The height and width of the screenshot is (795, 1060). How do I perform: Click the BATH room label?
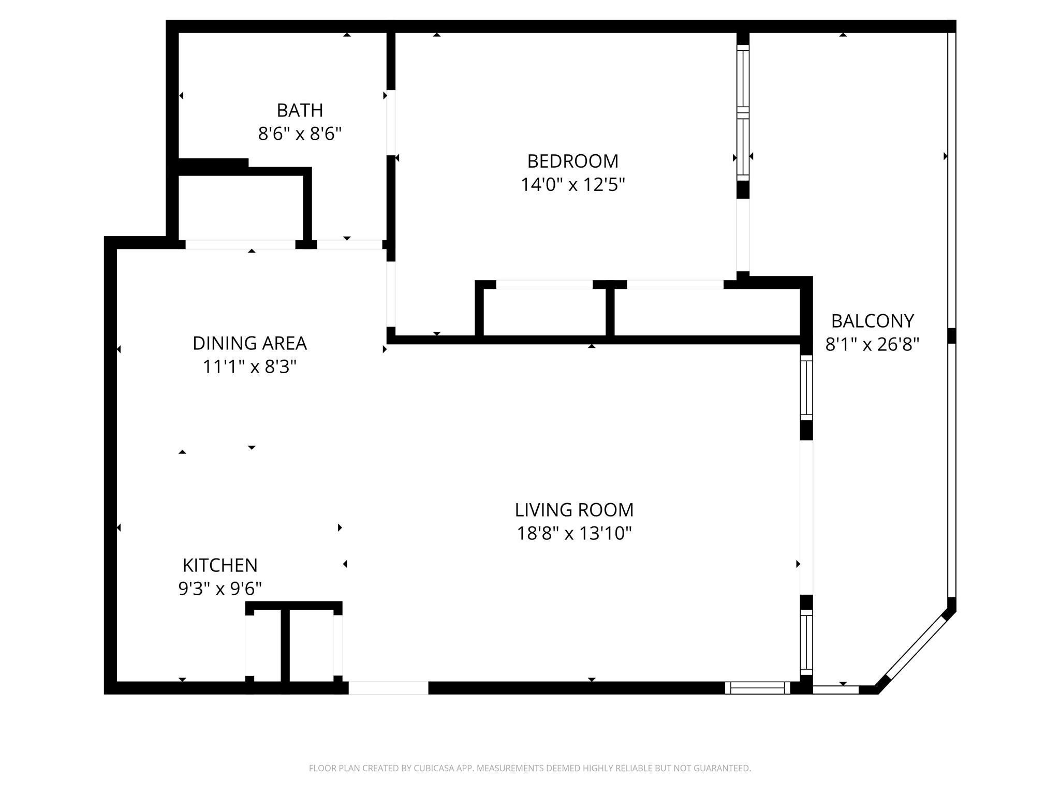click(300, 110)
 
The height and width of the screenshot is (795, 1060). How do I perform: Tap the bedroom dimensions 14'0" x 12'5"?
click(572, 185)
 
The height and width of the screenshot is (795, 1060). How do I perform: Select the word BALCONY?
click(872, 321)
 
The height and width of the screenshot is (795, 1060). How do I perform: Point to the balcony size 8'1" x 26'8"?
click(872, 344)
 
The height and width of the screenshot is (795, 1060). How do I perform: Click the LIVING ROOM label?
click(573, 510)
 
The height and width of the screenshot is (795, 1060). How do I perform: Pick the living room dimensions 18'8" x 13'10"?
click(573, 533)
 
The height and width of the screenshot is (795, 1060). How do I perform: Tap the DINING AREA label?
click(249, 343)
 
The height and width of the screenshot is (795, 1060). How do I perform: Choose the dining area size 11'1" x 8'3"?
click(249, 367)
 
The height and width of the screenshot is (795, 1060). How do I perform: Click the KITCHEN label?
click(220, 565)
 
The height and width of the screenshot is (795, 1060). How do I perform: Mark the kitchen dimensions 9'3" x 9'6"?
click(220, 588)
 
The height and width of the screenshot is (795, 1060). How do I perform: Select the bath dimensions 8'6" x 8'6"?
click(300, 134)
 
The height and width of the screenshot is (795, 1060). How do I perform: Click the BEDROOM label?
click(572, 161)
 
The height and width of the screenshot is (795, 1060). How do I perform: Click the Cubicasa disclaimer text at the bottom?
click(529, 768)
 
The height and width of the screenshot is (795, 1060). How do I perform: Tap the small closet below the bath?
click(241, 207)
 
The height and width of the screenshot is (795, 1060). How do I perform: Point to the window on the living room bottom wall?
click(757, 688)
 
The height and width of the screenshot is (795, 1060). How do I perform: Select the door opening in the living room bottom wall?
click(388, 688)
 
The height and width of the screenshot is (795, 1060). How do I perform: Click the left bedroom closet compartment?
click(544, 312)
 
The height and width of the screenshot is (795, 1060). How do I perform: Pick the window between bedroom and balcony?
click(743, 113)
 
